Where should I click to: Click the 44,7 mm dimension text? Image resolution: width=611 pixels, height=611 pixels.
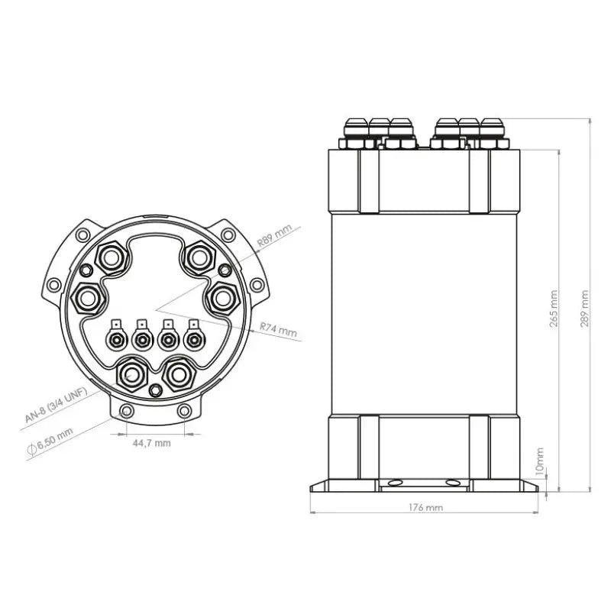(151, 443)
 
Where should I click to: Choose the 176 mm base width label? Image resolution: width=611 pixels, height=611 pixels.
(425, 506)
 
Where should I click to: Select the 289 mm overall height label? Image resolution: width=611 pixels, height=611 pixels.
(584, 308)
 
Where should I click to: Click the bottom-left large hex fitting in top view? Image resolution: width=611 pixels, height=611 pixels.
(132, 374)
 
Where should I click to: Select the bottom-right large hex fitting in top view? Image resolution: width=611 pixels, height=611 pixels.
(178, 374)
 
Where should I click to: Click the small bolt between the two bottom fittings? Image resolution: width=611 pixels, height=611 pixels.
(156, 391)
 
